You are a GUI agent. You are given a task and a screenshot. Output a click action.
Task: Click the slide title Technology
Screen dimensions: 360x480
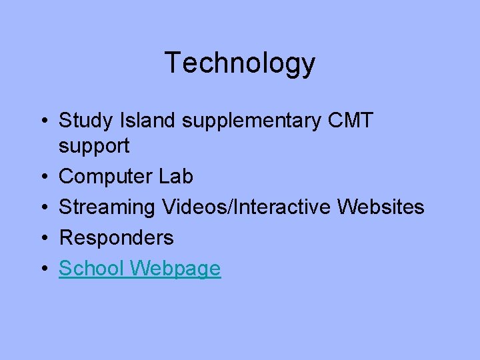pos(239,63)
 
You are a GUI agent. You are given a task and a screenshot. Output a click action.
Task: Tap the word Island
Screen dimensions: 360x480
pos(138,121)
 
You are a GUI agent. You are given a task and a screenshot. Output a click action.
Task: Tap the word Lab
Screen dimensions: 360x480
pos(176,177)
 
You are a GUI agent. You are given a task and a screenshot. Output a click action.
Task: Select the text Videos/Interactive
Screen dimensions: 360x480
pos(247,207)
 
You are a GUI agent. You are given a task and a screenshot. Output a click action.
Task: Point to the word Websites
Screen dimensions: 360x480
pos(381,207)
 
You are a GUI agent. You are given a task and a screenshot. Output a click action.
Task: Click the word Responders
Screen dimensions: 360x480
pos(116,238)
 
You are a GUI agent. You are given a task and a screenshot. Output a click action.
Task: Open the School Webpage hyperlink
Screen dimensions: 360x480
pos(139,269)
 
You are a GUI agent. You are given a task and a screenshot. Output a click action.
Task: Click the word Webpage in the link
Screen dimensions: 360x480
pos(175,269)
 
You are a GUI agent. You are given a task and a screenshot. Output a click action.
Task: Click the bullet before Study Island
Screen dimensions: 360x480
pos(43,122)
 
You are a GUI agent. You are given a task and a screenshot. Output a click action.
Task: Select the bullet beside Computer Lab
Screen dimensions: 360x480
pos(43,177)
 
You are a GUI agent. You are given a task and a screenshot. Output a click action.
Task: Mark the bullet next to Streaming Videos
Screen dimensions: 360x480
pos(43,208)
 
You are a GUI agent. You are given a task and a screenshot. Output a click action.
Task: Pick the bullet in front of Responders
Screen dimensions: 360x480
pos(43,238)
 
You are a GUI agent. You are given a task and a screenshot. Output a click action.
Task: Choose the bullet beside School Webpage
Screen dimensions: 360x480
pos(43,269)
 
